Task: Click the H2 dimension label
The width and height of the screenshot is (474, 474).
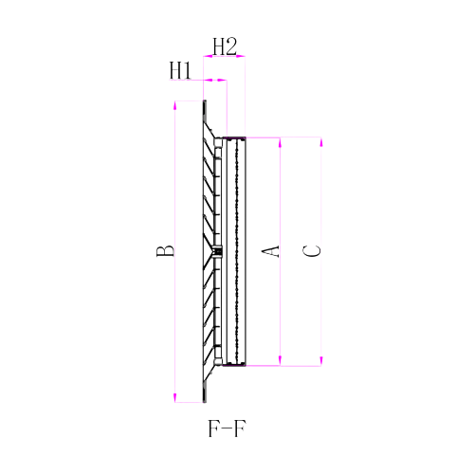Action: coord(225,45)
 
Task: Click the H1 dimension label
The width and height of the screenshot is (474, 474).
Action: coord(181,70)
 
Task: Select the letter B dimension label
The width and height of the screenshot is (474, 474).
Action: coord(165,251)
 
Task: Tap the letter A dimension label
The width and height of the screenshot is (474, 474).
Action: coord(270,251)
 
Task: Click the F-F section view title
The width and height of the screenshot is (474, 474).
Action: coord(228,428)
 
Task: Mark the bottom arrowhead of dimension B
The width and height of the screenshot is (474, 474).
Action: coord(175,398)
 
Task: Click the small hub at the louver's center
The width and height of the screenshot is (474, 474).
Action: coord(216,251)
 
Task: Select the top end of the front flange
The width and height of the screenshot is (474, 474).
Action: coord(205,101)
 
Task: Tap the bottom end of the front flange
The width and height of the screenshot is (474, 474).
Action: coord(205,401)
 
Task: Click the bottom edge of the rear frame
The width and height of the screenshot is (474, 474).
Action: coord(234,365)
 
